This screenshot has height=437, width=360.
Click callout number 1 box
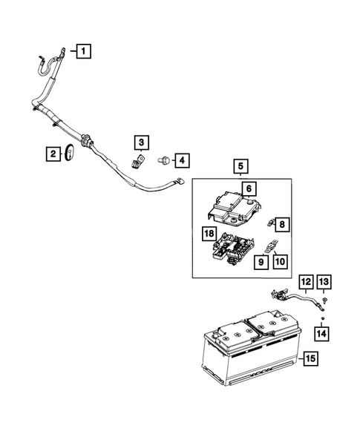pyautogui.click(x=85, y=51)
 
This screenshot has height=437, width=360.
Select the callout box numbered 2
pyautogui.click(x=53, y=154)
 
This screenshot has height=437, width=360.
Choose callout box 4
pyautogui.click(x=180, y=160)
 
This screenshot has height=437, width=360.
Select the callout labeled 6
pyautogui.click(x=249, y=188)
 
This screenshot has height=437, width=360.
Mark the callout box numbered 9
pyautogui.click(x=261, y=260)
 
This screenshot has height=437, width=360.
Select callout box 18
pyautogui.click(x=209, y=233)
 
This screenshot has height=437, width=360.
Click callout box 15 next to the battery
pyautogui.click(x=310, y=360)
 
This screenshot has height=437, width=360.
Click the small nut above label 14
pyautogui.click(x=324, y=318)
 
